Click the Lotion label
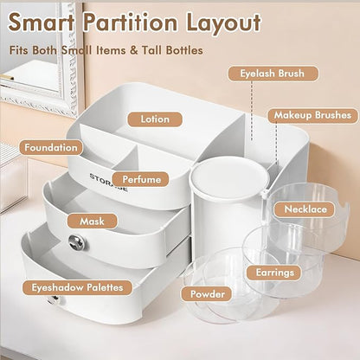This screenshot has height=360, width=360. pos(155,119)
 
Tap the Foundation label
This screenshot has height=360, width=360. pos(51,148)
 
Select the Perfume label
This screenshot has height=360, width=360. pos(141,179)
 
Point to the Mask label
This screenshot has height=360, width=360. pos(93,222)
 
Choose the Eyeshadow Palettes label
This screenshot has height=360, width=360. pos(77,287)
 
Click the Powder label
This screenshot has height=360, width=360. pos(207,294)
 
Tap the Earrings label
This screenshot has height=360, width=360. pos(274,273)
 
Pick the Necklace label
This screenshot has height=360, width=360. pos(305,209)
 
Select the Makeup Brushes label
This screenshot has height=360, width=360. pos(313,115)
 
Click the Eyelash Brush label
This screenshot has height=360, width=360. pos(273,74)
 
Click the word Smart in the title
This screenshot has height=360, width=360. pos(42,22)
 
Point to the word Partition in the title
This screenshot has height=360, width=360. pos(131,23)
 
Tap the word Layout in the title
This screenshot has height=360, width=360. pos(224,23)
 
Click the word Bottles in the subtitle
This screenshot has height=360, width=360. pos(184,50)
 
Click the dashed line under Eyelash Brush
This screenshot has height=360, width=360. pos(252,111)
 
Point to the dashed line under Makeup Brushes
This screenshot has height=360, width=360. pos(276,145)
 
